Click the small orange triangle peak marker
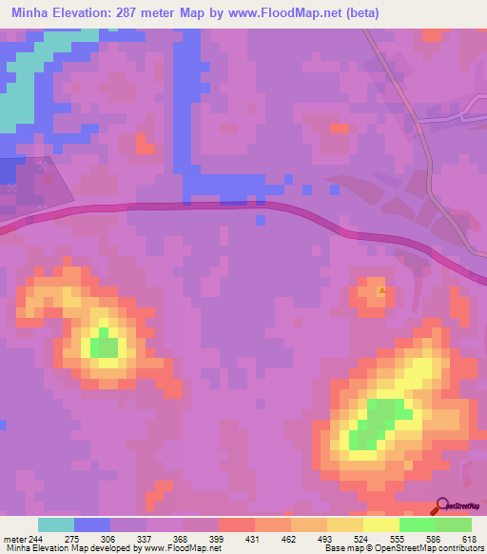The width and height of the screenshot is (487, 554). tap(382, 291)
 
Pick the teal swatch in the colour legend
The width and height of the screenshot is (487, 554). tap(56, 524)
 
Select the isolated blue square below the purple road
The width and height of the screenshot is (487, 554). tap(261, 220)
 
